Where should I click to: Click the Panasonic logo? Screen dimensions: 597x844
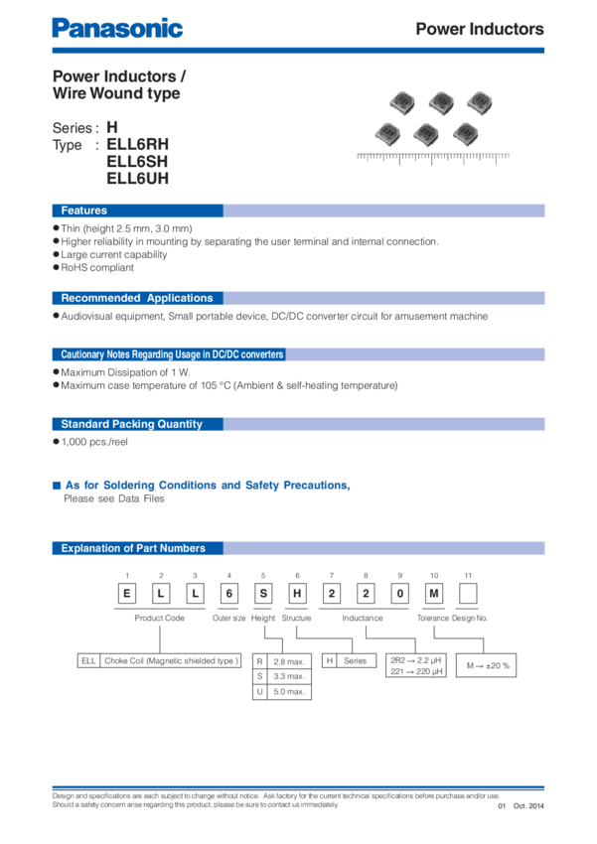pos(117,29)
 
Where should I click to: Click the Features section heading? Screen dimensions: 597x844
pos(84,211)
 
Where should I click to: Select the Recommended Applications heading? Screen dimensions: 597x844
pos(137,298)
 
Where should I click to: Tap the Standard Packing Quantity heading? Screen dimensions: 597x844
pos(131,424)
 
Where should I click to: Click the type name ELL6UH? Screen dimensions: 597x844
pos(138,178)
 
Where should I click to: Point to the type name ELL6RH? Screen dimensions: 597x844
pos(138,144)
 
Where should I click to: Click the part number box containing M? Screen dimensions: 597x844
pos(434,593)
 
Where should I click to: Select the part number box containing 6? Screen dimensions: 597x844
pos(228,593)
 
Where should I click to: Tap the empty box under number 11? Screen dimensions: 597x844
pos(468,593)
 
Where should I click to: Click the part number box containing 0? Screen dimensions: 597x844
pos(400,593)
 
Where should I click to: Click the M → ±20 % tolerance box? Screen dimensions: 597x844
pos(486,665)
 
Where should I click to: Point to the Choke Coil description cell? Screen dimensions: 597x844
pos(171,660)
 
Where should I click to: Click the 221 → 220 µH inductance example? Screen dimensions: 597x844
pos(416,671)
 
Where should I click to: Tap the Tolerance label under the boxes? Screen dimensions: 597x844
pos(433,618)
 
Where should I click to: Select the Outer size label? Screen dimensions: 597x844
pos(228,618)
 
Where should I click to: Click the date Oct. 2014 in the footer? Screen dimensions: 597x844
pos(528,806)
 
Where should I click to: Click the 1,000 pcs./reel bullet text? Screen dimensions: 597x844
pos(94,442)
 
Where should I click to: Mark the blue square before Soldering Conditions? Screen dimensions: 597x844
pos(57,486)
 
